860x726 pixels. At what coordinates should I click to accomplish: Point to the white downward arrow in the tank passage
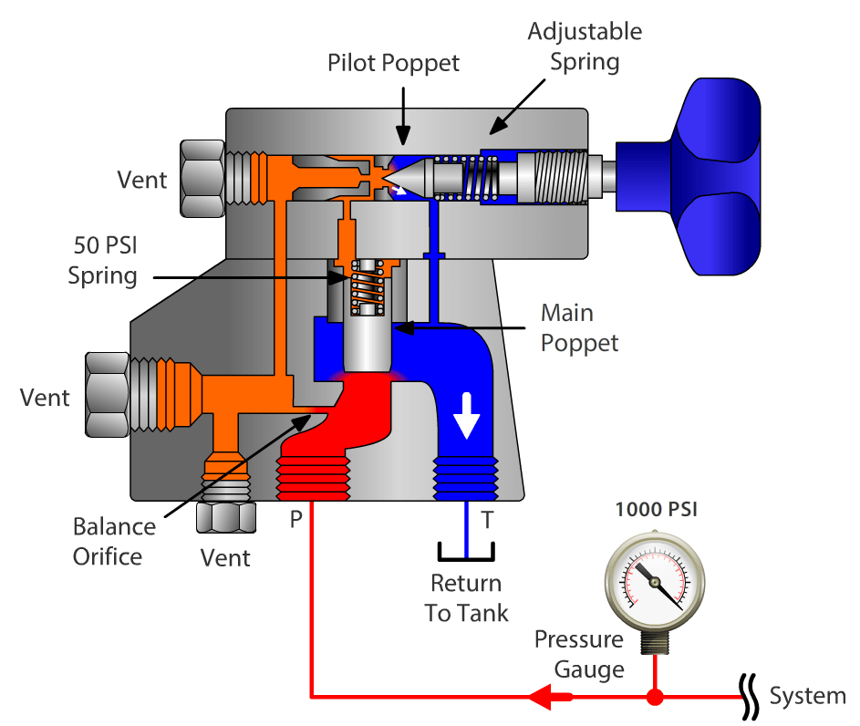[x=466, y=413]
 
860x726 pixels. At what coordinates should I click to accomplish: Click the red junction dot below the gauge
[x=655, y=698]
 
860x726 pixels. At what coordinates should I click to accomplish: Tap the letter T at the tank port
[x=488, y=521]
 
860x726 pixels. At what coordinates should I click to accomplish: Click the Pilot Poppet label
[x=394, y=62]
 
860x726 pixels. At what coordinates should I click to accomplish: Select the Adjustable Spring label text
[x=585, y=47]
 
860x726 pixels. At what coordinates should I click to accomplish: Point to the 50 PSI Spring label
[x=103, y=260]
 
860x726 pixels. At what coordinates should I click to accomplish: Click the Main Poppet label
[x=579, y=327]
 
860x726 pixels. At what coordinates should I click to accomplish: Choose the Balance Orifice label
[x=114, y=541]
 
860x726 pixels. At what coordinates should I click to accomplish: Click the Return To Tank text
[x=466, y=597]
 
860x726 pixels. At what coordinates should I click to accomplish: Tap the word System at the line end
[x=807, y=697]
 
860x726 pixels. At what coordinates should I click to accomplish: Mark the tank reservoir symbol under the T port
[x=466, y=553]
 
